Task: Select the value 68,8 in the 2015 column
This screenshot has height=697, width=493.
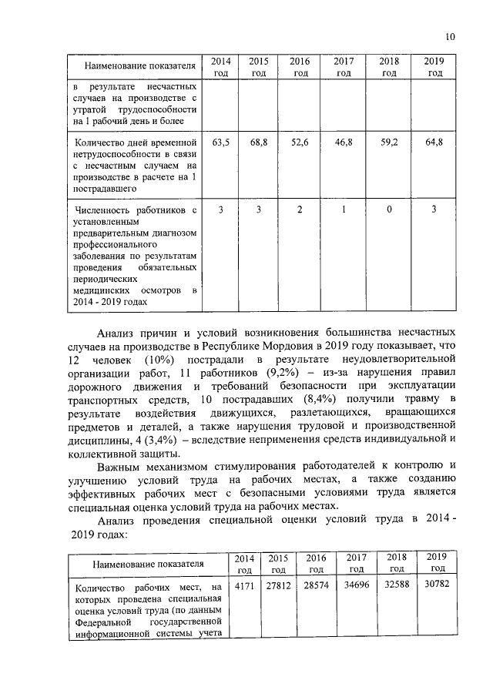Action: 259,142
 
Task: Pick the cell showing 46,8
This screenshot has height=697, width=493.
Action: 344,142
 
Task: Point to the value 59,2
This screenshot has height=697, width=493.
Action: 389,142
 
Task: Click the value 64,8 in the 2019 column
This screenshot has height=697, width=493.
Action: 434,142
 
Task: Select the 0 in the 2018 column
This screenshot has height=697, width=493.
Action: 389,209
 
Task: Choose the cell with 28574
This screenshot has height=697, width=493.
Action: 316,588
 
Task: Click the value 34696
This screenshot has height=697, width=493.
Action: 356,588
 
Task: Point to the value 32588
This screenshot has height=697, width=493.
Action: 396,588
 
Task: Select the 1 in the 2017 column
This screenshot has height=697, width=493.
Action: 344,209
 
